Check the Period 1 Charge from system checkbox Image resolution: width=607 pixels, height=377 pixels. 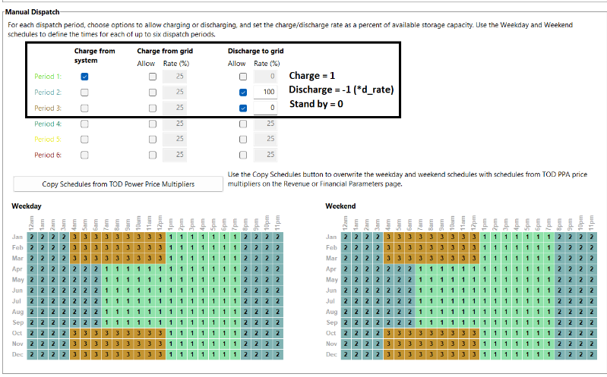tap(84, 77)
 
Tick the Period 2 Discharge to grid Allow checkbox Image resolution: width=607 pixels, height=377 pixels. tap(242, 93)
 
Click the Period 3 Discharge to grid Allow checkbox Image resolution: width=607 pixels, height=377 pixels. tap(242, 108)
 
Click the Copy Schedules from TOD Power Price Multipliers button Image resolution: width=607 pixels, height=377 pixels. tap(118, 184)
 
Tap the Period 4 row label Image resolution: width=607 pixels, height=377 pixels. tap(48, 124)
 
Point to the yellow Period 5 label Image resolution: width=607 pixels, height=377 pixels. tap(48, 140)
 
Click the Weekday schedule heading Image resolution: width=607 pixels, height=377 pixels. tap(27, 206)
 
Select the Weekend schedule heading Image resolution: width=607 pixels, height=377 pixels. tap(340, 206)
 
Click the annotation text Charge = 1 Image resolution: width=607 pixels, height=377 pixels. tap(311, 76)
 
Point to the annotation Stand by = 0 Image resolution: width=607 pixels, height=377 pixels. tap(316, 104)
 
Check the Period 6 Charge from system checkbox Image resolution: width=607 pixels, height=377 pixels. tap(84, 155)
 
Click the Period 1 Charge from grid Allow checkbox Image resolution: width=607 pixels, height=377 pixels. tap(153, 77)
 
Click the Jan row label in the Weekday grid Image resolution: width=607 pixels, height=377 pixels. tap(17, 237)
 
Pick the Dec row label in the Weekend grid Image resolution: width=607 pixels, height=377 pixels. tap(331, 354)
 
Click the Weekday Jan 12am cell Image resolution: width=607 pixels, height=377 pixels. tap(32, 237)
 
